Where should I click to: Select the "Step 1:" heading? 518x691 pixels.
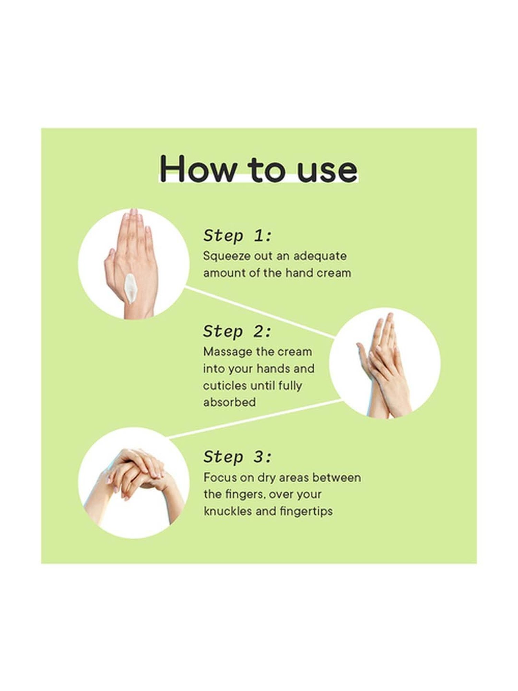click(238, 236)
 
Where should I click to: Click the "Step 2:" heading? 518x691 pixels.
click(238, 332)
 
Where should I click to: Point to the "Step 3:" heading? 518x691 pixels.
click(238, 457)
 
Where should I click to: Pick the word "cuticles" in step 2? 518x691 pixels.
click(225, 385)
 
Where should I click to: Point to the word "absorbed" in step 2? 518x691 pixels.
click(229, 402)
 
